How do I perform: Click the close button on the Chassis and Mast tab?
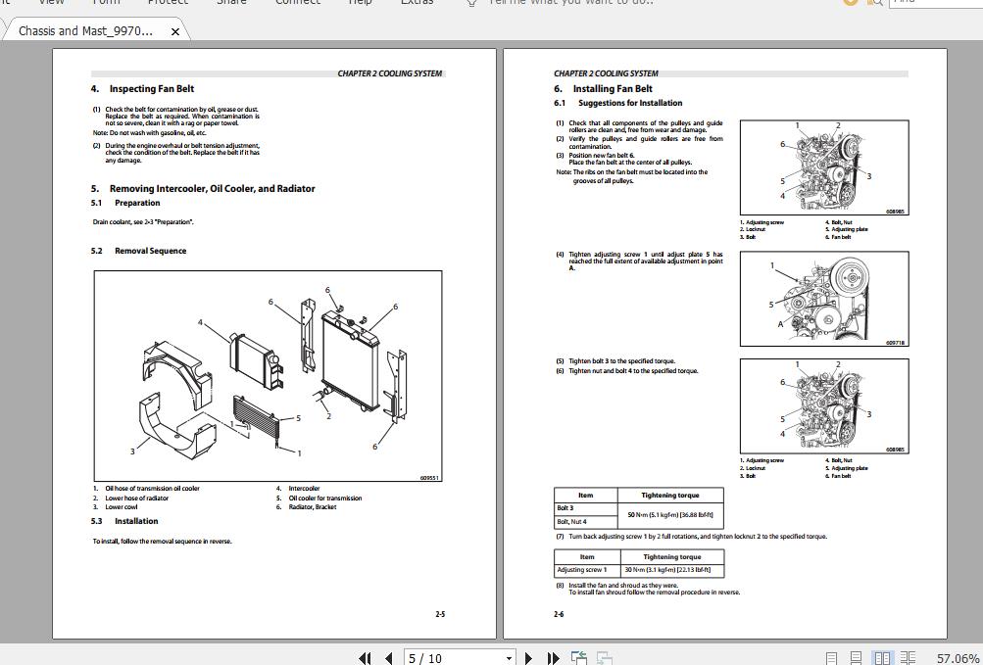click(175, 31)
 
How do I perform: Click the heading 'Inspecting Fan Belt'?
click(151, 89)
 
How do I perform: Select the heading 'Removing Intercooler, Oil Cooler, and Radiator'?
click(212, 189)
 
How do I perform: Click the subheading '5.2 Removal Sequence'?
click(150, 251)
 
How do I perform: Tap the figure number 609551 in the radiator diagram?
click(429, 478)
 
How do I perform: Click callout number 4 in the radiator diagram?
click(200, 322)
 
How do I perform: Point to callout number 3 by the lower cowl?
click(132, 451)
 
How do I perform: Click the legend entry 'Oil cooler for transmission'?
click(324, 498)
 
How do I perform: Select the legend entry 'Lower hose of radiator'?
click(137, 498)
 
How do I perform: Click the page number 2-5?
click(440, 614)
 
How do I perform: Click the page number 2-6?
click(559, 614)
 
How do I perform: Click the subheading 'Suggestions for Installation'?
click(630, 103)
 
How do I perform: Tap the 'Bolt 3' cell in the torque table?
click(565, 508)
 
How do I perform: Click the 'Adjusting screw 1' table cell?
click(582, 569)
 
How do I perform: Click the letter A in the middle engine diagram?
click(780, 324)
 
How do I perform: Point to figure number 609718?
click(896, 343)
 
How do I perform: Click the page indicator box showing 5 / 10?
click(459, 658)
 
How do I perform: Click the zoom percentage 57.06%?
click(958, 658)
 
